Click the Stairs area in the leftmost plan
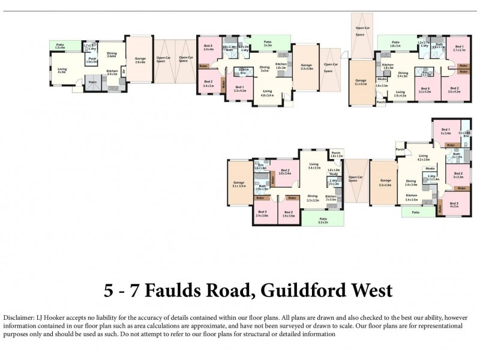coord(92,83)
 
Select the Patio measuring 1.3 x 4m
coord(61,46)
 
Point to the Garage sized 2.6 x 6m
coord(140,60)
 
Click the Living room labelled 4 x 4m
coord(62,71)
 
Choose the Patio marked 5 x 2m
coord(267,44)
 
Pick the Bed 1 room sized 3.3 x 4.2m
coord(239,89)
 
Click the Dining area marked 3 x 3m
coord(265,69)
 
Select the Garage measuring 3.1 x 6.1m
coord(361,82)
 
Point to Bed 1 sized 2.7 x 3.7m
coord(459,49)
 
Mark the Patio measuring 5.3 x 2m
coord(323,220)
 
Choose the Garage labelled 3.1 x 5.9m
coord(239,184)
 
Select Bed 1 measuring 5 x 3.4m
coord(445,131)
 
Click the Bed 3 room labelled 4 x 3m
coord(454,205)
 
